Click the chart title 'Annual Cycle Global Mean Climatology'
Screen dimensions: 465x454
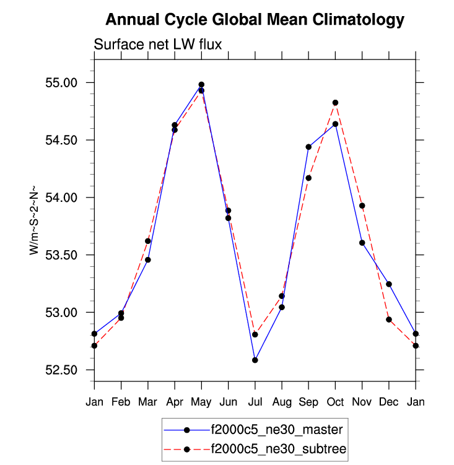click(255, 20)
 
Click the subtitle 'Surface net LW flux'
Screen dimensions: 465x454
click(157, 44)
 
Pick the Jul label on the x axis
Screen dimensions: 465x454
click(255, 401)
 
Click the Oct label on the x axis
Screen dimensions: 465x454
click(335, 401)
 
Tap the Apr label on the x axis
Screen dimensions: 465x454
click(175, 401)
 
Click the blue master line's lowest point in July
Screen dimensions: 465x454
click(255, 360)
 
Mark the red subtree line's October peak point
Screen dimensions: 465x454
click(335, 103)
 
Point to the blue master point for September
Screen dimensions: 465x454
click(308, 147)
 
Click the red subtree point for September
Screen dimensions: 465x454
click(308, 178)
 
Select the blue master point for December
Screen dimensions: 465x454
click(389, 284)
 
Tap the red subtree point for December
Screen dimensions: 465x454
click(389, 319)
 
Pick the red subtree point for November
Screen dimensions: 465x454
click(362, 206)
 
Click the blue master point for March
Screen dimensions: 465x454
click(148, 259)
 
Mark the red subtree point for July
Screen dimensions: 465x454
click(255, 334)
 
